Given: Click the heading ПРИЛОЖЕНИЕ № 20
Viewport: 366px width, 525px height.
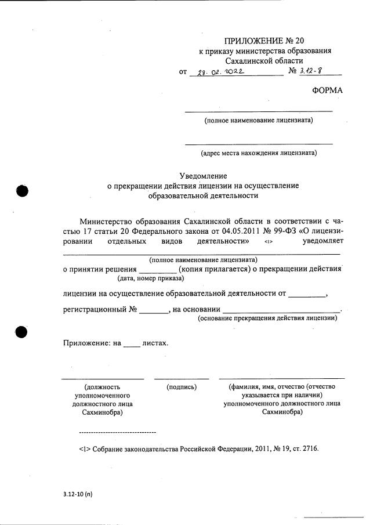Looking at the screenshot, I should point(264,41).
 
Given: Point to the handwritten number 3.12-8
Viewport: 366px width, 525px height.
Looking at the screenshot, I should point(314,71).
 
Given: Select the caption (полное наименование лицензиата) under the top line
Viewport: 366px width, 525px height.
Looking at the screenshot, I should point(259,121).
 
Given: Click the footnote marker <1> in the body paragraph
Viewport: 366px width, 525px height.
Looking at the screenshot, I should point(267,241).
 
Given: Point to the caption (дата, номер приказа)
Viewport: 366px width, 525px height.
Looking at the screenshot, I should point(142,278).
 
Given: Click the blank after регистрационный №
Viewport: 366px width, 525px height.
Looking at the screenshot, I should point(153,310).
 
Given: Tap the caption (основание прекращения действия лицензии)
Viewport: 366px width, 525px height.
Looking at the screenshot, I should point(267,318).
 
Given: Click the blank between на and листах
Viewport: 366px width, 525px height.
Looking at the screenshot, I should point(132,343).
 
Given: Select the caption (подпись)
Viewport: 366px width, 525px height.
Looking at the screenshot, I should point(182,386).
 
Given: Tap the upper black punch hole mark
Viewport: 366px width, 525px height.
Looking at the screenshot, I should point(22,191).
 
